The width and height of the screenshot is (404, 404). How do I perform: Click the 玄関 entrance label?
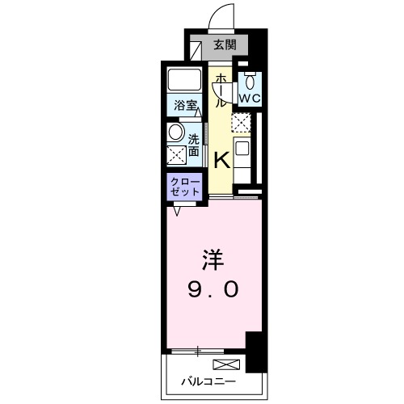(x=225, y=46)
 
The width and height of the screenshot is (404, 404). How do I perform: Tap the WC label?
(x=250, y=98)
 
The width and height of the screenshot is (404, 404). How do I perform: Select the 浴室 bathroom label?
(x=185, y=105)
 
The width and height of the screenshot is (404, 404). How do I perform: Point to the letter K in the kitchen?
(x=221, y=158)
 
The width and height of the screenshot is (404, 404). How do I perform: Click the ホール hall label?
(x=219, y=90)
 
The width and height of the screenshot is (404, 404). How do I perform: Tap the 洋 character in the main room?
(x=211, y=260)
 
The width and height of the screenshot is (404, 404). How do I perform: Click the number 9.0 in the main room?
(x=213, y=289)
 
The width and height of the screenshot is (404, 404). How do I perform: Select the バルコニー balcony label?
(x=208, y=381)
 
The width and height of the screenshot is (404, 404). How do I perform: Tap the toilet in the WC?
(x=250, y=81)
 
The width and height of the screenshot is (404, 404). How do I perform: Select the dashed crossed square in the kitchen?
(x=241, y=122)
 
